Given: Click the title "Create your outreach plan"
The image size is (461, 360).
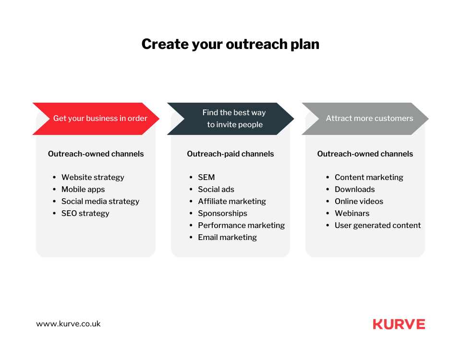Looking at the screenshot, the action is pyautogui.click(x=230, y=44).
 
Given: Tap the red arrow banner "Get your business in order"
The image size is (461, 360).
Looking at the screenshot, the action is pyautogui.click(x=96, y=119).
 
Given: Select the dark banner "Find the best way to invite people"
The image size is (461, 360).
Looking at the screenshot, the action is pyautogui.click(x=230, y=119).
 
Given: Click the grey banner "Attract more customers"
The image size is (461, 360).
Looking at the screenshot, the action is pyautogui.click(x=365, y=119).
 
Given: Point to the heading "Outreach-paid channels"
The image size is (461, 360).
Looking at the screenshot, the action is pyautogui.click(x=230, y=154).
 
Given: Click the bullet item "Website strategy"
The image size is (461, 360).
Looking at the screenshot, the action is pyautogui.click(x=93, y=178).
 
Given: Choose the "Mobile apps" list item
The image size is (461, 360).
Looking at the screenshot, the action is pyautogui.click(x=83, y=190).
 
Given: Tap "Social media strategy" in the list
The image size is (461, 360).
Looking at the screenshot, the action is pyautogui.click(x=100, y=202).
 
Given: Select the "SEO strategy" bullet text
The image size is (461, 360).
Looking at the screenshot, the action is pyautogui.click(x=85, y=213).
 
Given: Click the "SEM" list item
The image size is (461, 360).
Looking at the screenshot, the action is pyautogui.click(x=206, y=177).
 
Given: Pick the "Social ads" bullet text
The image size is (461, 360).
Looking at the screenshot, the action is pyautogui.click(x=216, y=189).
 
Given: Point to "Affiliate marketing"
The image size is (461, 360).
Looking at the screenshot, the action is pyautogui.click(x=232, y=201).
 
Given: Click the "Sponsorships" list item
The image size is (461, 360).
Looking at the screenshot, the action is pyautogui.click(x=222, y=213).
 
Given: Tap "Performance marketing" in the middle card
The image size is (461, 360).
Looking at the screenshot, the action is pyautogui.click(x=242, y=226).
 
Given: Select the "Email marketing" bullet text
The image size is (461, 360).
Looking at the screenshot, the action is pyautogui.click(x=227, y=238).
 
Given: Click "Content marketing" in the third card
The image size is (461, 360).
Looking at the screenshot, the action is pyautogui.click(x=369, y=178).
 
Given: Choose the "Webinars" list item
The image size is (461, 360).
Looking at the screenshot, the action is pyautogui.click(x=352, y=213).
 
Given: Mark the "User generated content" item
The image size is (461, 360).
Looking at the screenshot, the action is pyautogui.click(x=378, y=226).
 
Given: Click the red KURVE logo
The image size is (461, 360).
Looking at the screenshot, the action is pyautogui.click(x=399, y=324).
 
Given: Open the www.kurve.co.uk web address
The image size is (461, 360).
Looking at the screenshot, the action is pyautogui.click(x=68, y=324).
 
